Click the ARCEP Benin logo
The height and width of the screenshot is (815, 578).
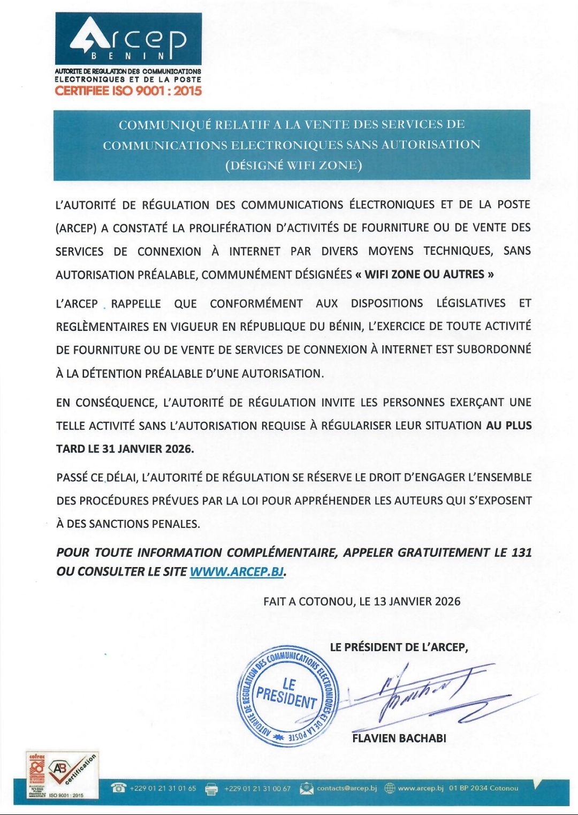tap(128, 39)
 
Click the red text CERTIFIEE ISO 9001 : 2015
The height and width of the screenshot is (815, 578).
tap(128, 90)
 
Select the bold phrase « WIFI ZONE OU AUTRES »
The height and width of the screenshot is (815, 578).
tap(424, 275)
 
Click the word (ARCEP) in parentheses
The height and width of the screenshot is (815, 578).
tap(76, 228)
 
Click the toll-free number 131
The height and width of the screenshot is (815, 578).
tap(521, 552)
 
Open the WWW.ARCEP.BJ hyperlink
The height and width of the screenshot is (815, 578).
tap(237, 571)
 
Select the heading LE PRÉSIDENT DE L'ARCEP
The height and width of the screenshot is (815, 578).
tap(399, 647)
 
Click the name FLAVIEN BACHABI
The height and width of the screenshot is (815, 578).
tap(399, 738)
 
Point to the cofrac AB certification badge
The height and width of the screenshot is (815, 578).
tap(63, 775)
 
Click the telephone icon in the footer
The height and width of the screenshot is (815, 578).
tap(118, 788)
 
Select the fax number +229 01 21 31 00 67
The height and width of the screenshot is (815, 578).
tap(257, 789)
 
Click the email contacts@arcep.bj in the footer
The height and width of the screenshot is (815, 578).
tap(347, 788)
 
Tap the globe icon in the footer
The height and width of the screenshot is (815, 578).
tap(390, 788)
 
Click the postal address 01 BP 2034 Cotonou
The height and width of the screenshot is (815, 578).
tap(484, 788)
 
